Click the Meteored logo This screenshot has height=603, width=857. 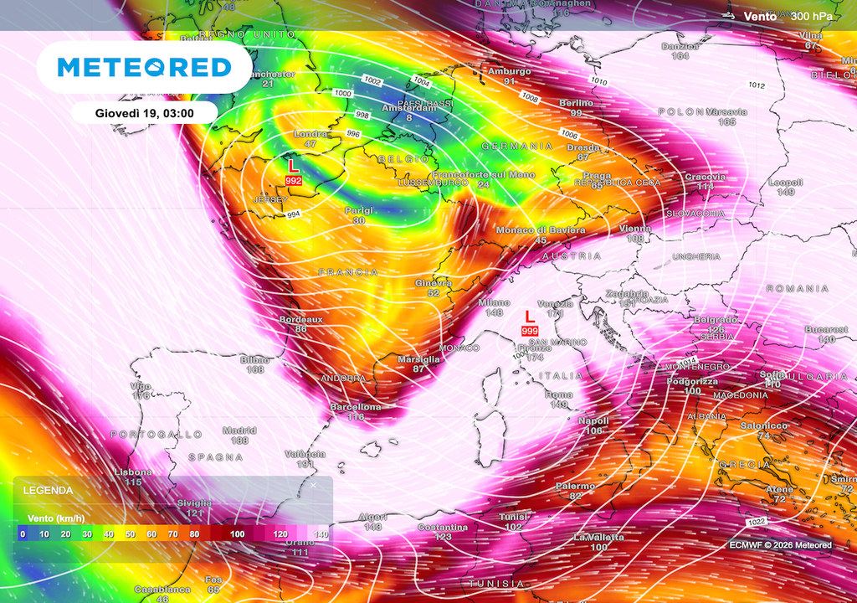(x=143, y=67)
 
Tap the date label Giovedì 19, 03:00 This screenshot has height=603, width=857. (x=145, y=112)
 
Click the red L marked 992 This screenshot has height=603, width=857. (x=293, y=167)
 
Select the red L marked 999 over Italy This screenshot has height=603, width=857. (x=529, y=317)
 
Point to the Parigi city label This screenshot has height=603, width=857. (x=358, y=210)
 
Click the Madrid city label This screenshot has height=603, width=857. (x=239, y=430)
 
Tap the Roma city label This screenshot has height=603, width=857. (x=559, y=394)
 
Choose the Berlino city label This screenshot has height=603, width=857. (x=576, y=103)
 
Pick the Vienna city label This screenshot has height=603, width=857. (x=634, y=229)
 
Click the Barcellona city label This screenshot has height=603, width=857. (x=356, y=407)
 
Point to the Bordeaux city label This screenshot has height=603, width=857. (x=301, y=319)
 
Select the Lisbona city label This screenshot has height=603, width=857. (x=133, y=472)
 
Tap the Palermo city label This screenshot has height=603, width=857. (x=575, y=486)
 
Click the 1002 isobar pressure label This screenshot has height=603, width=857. (x=372, y=80)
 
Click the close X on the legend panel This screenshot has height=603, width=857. (x=314, y=485)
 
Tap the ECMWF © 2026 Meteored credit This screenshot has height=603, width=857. (x=780, y=545)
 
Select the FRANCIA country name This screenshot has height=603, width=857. (x=348, y=272)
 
